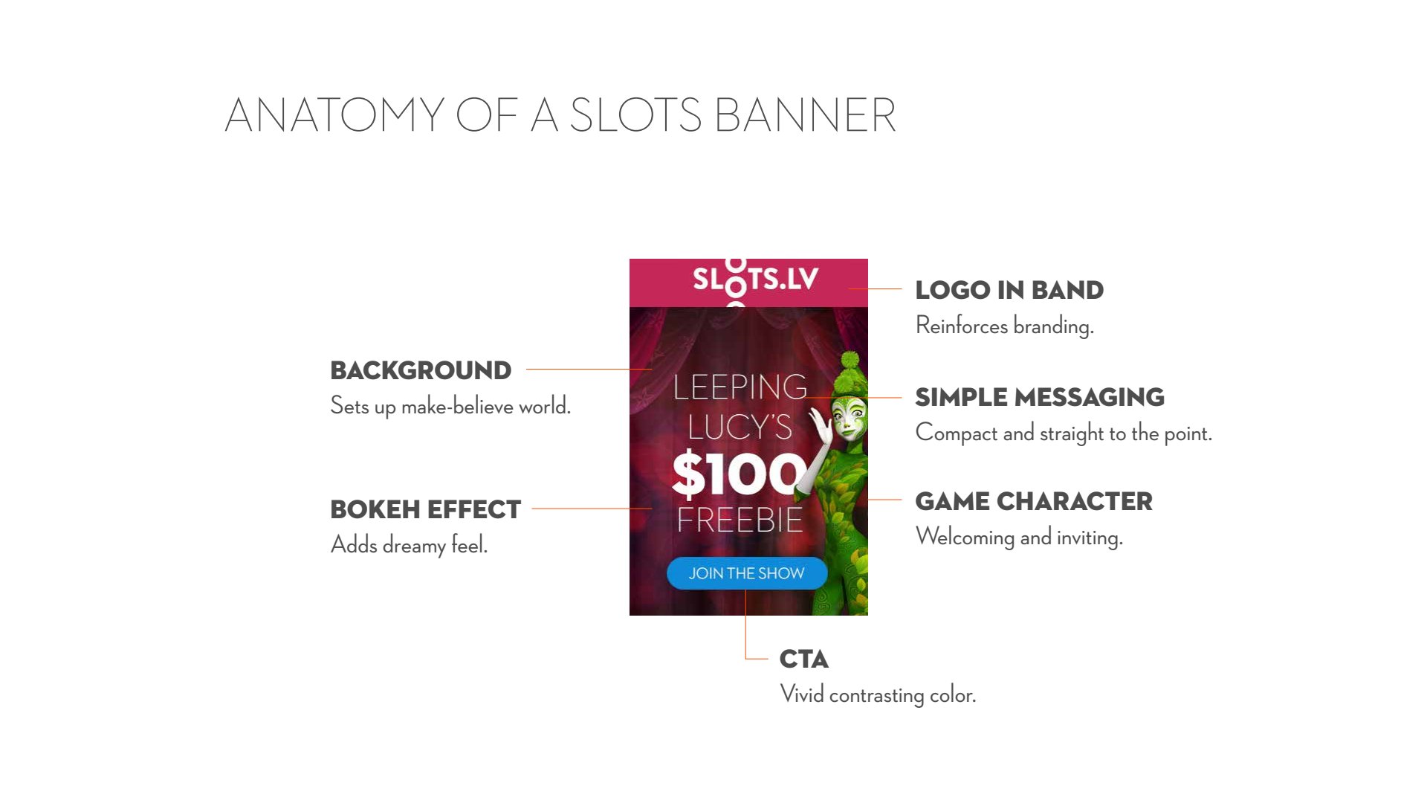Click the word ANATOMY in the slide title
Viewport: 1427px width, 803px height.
pyautogui.click(x=334, y=115)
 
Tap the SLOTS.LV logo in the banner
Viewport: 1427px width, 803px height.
pyautogui.click(x=755, y=280)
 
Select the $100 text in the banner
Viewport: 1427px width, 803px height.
pyautogui.click(x=739, y=474)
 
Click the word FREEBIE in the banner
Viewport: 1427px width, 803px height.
pyautogui.click(x=740, y=520)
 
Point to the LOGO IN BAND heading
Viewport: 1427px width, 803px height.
pyautogui.click(x=1009, y=290)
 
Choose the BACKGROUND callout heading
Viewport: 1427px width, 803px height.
pyautogui.click(x=421, y=370)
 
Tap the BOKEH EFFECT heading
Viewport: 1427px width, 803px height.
pyautogui.click(x=426, y=509)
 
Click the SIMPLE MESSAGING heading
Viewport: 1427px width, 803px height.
pyautogui.click(x=1040, y=397)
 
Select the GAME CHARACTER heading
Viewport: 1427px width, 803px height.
pyautogui.click(x=1034, y=501)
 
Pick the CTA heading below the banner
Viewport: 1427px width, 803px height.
pyautogui.click(x=804, y=659)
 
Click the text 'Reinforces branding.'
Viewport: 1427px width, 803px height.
pyautogui.click(x=1005, y=326)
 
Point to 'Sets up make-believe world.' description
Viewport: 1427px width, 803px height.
pyautogui.click(x=450, y=406)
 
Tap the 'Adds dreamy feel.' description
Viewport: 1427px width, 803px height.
pyautogui.click(x=409, y=545)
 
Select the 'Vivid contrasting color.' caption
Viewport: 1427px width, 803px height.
pyautogui.click(x=878, y=694)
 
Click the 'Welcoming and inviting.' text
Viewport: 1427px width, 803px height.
pyautogui.click(x=1019, y=537)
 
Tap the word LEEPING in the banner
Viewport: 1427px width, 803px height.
pyautogui.click(x=740, y=387)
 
